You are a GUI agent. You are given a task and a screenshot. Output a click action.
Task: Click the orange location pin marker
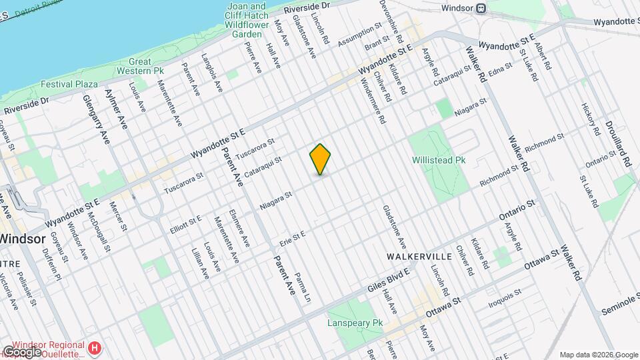point(321,159)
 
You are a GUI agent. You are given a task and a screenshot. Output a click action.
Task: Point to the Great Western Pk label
point(140,65)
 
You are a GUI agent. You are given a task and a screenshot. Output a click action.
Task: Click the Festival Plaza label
point(69,85)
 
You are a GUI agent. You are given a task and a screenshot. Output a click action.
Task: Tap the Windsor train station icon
point(480,9)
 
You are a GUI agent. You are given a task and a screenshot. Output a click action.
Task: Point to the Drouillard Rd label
point(618,143)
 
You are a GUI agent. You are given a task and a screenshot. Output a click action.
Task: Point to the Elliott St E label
point(185,221)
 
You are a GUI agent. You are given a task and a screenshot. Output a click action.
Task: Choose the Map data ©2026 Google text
point(598,355)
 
